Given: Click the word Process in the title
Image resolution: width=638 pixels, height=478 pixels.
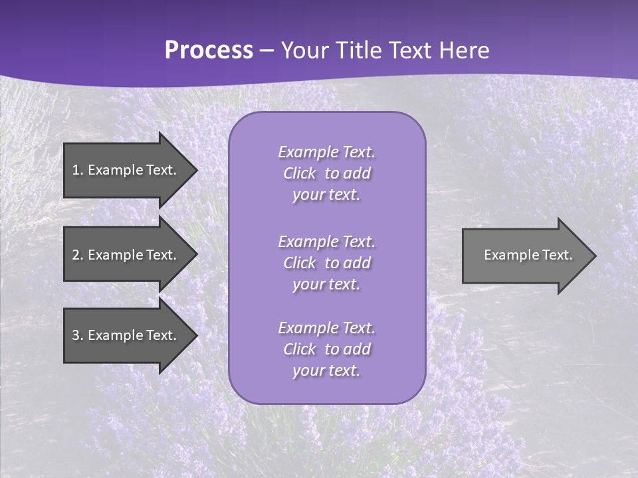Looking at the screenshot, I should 209,50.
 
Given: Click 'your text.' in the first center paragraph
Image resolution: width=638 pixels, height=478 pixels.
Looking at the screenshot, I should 326,195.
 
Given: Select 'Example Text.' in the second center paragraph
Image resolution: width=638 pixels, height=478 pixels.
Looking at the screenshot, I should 326,242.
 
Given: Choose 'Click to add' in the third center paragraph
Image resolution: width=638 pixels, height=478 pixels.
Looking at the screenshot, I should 326,349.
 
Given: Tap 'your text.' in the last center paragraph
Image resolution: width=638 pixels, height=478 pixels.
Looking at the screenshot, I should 326,371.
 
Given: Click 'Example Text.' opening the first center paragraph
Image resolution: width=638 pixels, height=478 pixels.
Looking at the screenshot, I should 326,152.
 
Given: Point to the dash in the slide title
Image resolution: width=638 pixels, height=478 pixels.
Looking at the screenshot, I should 266,51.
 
